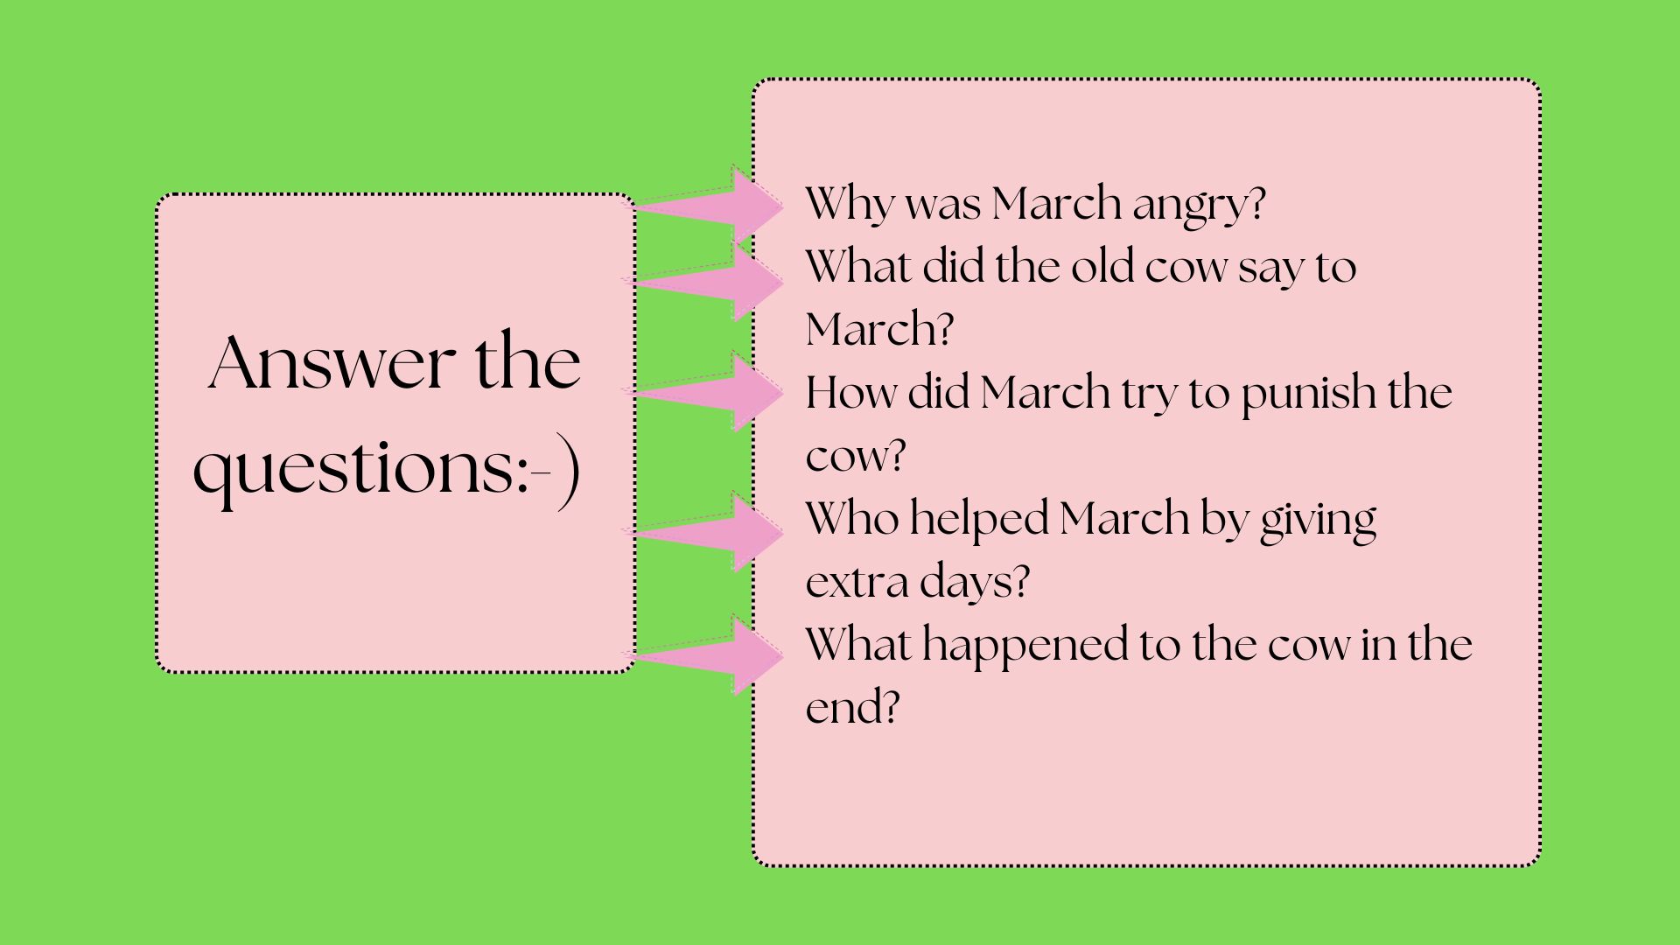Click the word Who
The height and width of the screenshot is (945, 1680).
coord(851,518)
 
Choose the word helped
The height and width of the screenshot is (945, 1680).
coord(978,521)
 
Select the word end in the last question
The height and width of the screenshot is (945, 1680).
coord(852,707)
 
